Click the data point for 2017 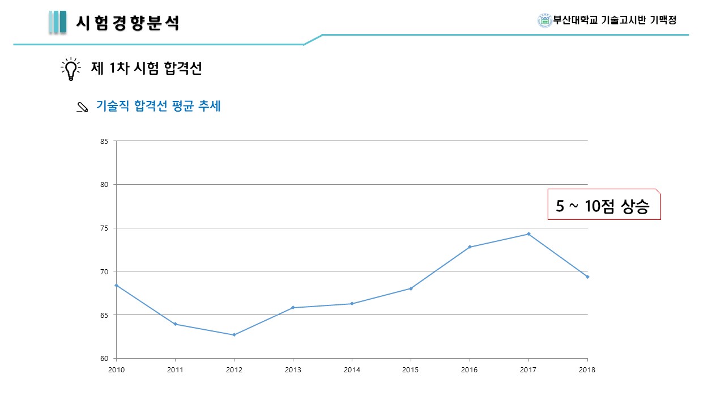(528, 233)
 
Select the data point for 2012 (234, 335)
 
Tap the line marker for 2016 (470, 247)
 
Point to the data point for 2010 (116, 285)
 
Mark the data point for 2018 (587, 277)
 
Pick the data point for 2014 (352, 304)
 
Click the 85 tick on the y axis (104, 141)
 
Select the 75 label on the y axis (104, 228)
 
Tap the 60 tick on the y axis (104, 358)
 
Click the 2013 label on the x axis (293, 370)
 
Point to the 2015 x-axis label (411, 370)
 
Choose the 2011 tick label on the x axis (175, 370)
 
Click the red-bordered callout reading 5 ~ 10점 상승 (604, 205)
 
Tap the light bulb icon (71, 69)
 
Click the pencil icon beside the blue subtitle (82, 107)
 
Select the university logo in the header (544, 20)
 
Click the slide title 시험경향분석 (128, 23)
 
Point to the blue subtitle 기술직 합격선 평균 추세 (158, 106)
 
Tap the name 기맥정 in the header (663, 20)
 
